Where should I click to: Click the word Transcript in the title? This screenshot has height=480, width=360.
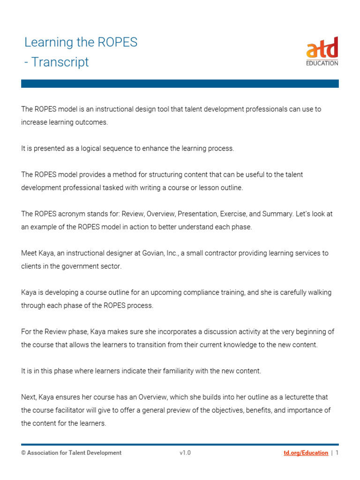coord(60,62)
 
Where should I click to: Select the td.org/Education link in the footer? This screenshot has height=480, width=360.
coord(306,453)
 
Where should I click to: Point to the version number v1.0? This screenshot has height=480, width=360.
coord(185,453)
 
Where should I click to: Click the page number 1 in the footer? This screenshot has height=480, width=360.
coord(337,453)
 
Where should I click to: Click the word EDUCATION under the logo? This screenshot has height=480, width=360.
coord(322,63)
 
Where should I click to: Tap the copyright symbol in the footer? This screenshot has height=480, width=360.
coord(23,453)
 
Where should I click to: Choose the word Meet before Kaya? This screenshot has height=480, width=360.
coord(29,253)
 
